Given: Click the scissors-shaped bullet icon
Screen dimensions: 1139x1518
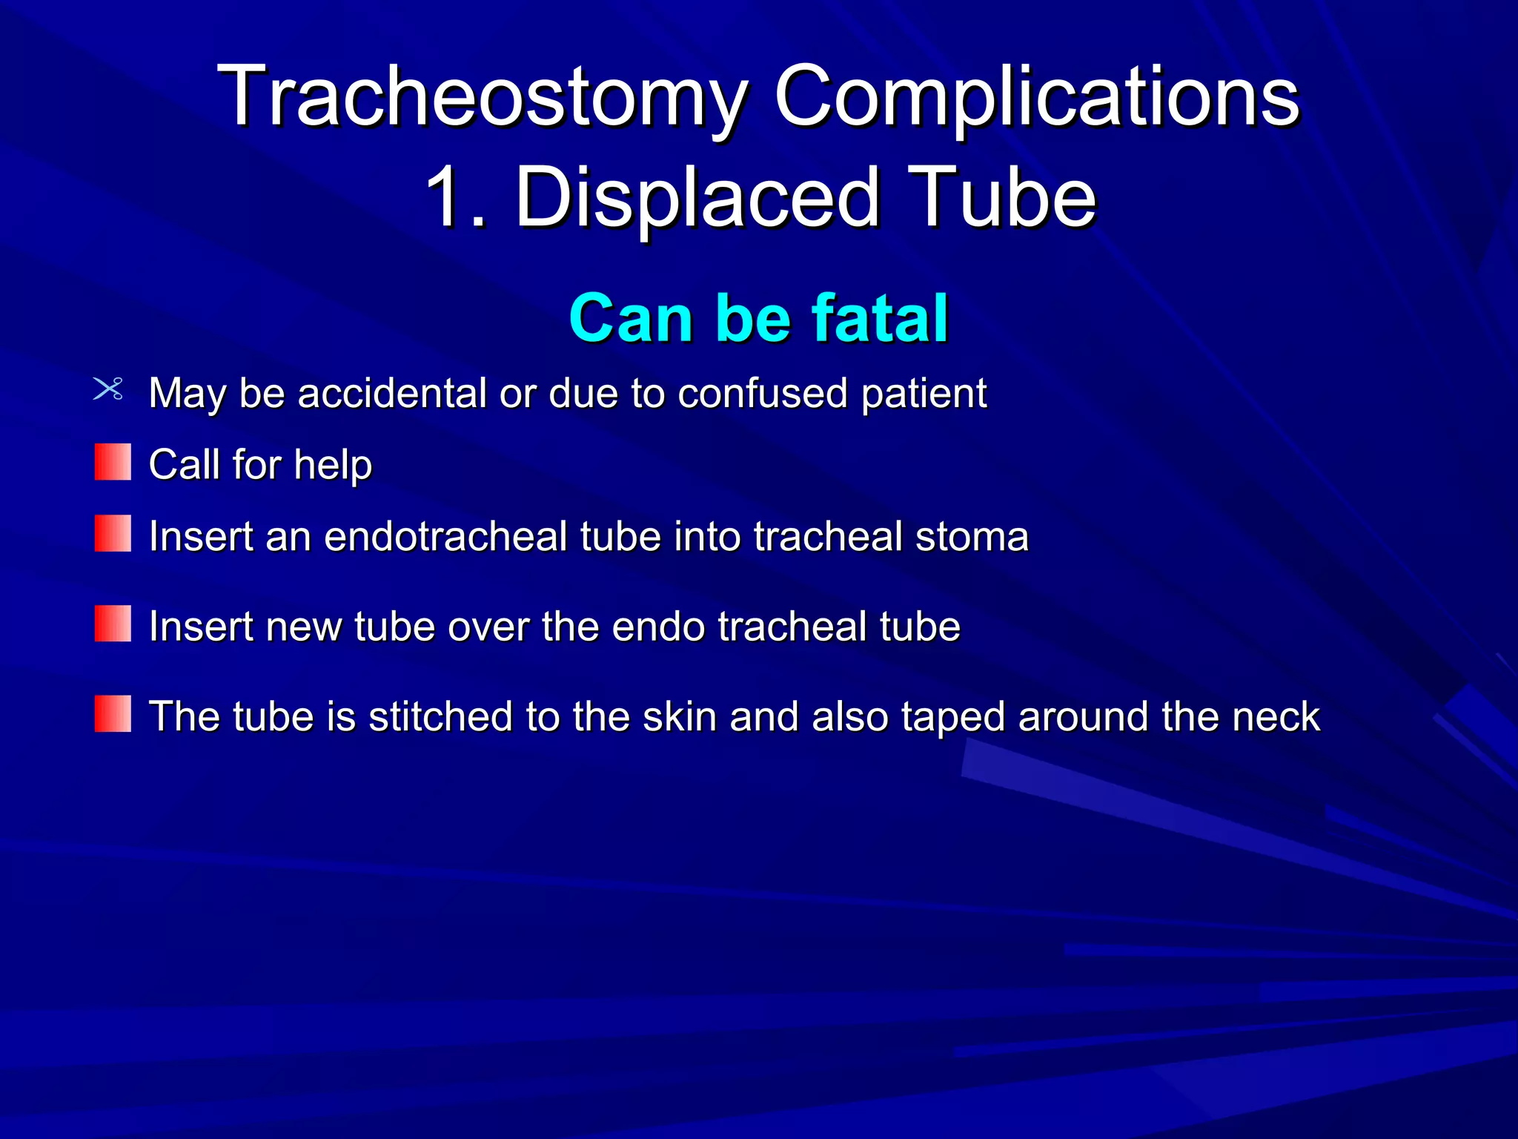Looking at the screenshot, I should [x=109, y=389].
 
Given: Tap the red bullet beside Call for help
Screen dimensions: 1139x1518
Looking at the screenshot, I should [x=113, y=462].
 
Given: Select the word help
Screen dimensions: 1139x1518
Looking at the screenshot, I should [x=333, y=466].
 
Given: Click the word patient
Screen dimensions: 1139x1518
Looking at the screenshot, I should [x=924, y=393].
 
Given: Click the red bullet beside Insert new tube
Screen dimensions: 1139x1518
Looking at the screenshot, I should [x=113, y=624].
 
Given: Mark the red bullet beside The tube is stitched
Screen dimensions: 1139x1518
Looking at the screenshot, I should [x=113, y=713].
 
